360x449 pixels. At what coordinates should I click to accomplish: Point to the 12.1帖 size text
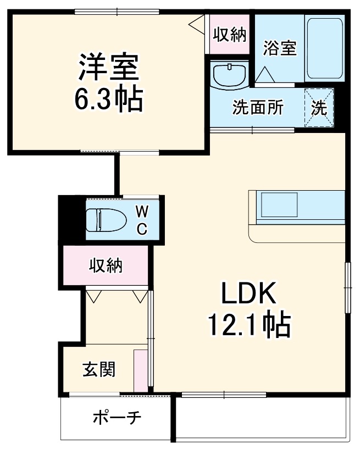coord(248,325)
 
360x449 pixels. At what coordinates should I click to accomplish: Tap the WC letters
coord(142,220)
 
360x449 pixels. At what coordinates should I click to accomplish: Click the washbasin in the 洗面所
coord(229,75)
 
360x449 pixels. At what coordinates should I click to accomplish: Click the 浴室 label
coord(280,48)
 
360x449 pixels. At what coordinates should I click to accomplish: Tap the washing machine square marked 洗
coord(319,108)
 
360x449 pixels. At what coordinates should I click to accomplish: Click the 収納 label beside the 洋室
coord(229,35)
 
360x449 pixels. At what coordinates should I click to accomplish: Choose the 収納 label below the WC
coord(106,266)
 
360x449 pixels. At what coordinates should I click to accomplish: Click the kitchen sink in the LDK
coord(279,206)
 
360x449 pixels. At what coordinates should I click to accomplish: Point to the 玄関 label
coord(99,369)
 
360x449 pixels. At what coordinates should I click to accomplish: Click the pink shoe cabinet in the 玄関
coord(140,369)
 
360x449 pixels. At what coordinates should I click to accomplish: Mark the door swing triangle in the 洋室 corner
coord(196,25)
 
